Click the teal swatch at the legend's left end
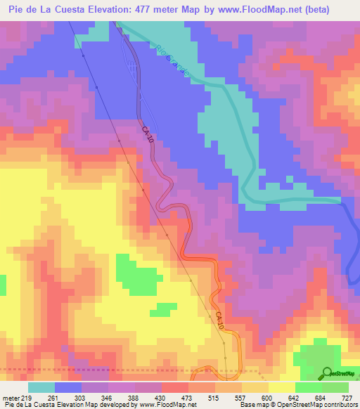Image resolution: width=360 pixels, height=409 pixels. click(x=41, y=387)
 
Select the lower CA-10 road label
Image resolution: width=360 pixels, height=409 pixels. click(x=219, y=321)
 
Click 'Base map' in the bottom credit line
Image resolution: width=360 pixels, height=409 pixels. click(x=253, y=405)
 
